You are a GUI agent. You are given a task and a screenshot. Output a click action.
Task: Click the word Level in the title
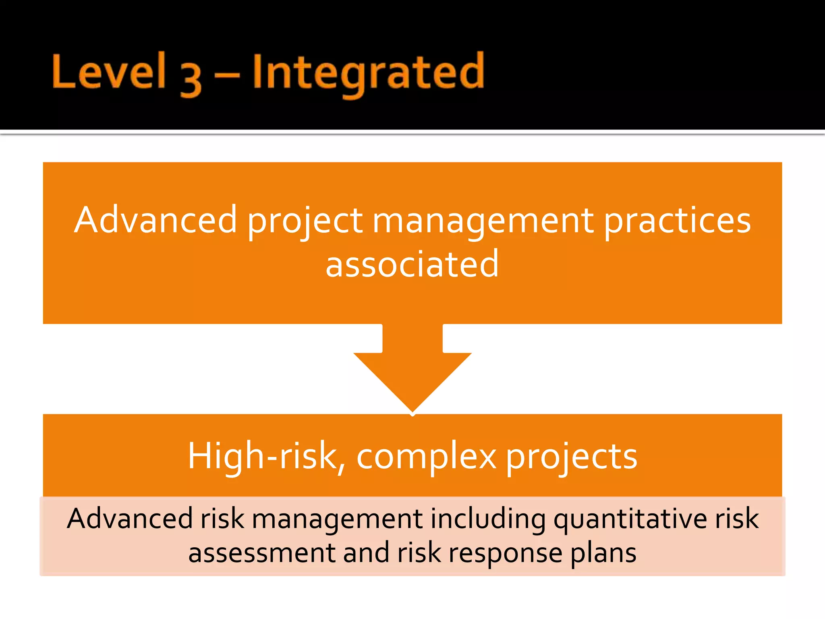109,72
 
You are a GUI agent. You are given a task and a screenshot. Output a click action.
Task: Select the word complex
427,458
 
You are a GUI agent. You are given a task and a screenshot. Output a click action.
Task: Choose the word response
506,555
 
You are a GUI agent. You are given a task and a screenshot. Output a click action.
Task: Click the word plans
603,555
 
